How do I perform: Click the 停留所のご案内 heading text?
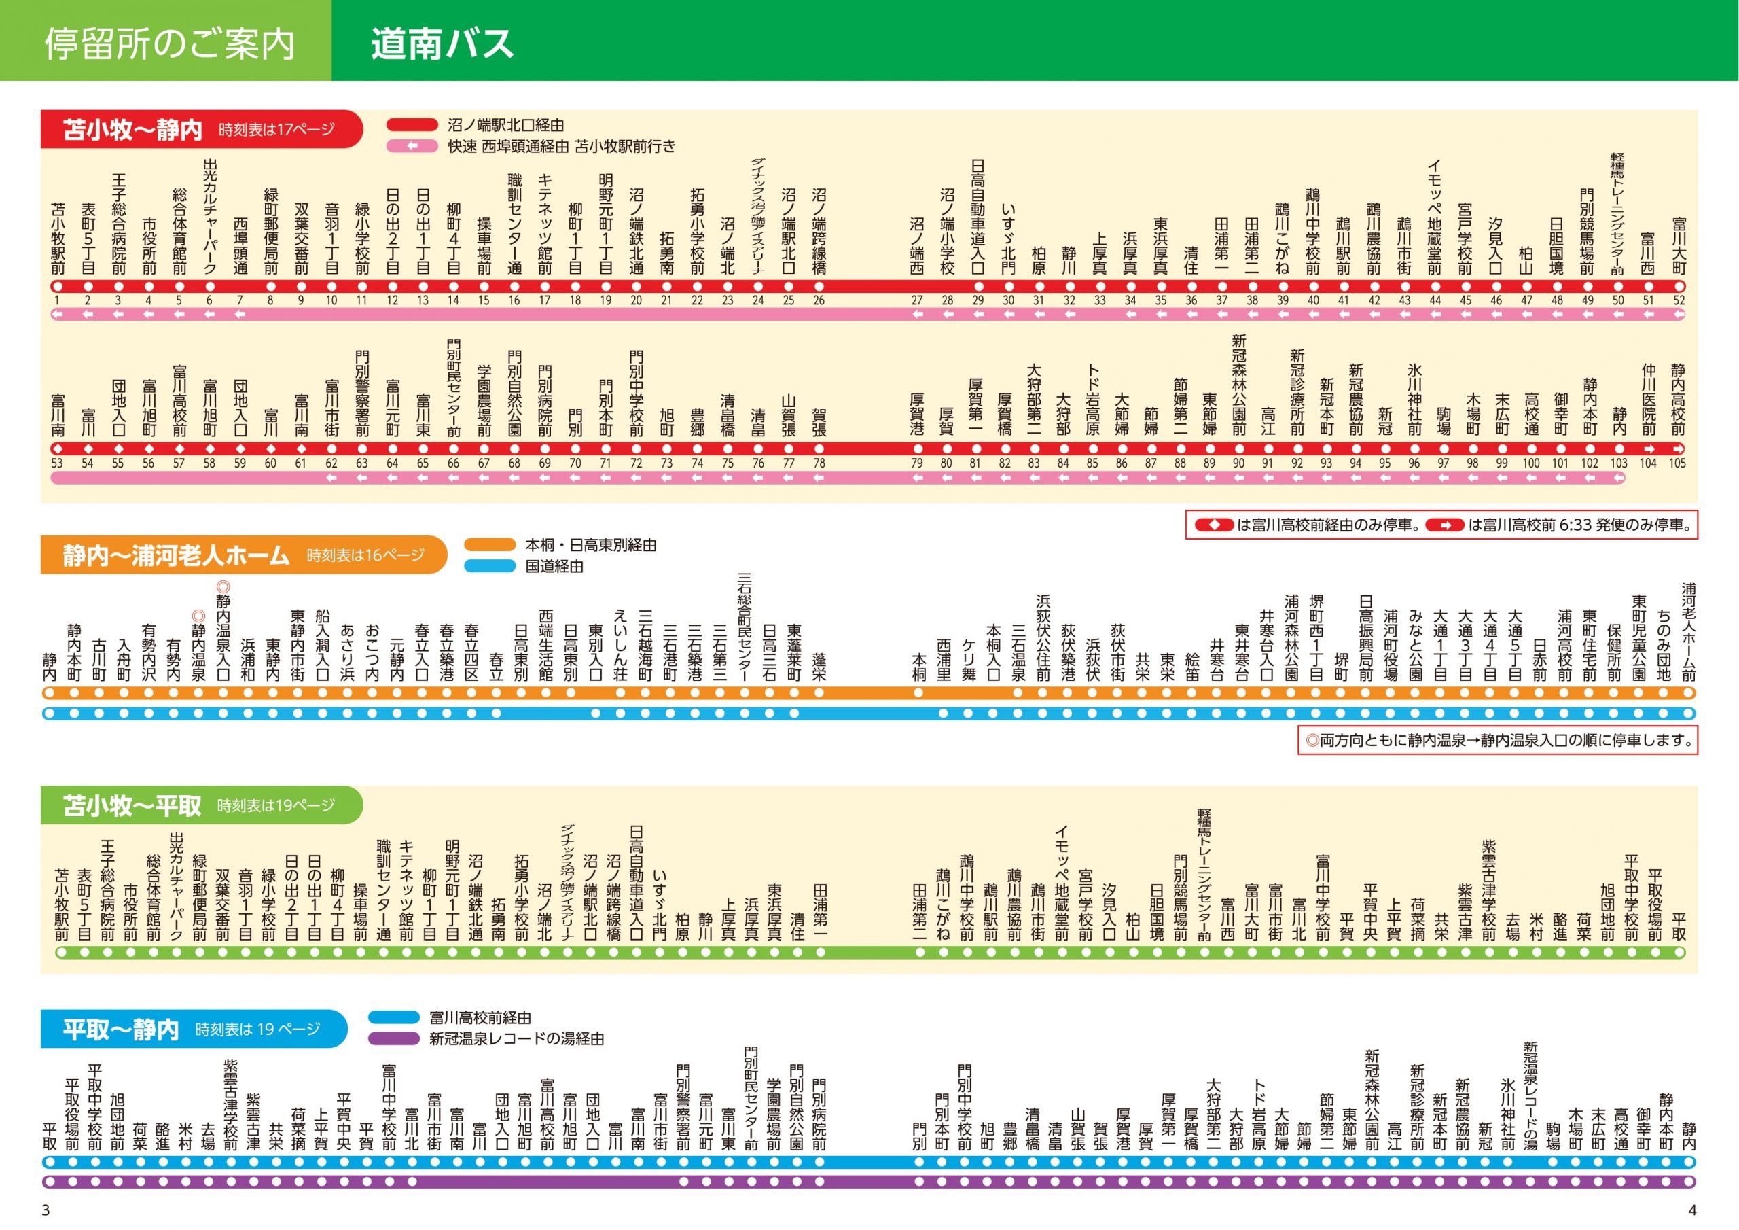click(170, 43)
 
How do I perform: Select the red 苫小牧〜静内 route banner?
click(200, 130)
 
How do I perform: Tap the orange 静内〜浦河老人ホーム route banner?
click(243, 555)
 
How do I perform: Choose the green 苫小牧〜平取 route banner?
click(200, 805)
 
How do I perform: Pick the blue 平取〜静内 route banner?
click(193, 1029)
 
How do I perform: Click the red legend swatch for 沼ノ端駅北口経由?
click(412, 125)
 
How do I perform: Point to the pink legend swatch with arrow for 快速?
click(412, 146)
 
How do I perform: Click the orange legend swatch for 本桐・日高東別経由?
click(489, 545)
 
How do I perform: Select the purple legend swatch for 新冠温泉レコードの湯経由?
click(394, 1038)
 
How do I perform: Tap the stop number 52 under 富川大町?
click(1679, 300)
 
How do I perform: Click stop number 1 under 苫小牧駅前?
click(57, 300)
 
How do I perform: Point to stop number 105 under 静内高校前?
click(1678, 463)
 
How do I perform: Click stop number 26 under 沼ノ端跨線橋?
click(819, 300)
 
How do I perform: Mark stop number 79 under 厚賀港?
click(916, 463)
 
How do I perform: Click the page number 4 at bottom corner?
click(1693, 1210)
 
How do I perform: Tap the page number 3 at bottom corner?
click(46, 1210)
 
